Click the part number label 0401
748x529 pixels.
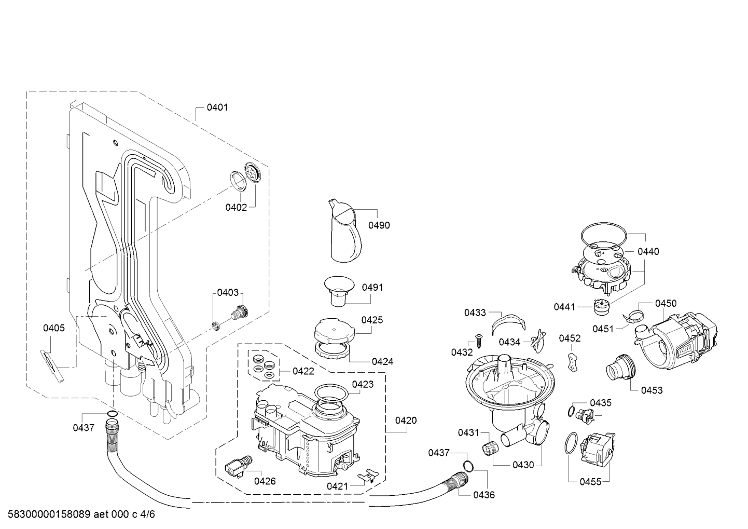coord(217,107)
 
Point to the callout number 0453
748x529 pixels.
coord(652,390)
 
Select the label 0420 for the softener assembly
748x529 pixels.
coord(406,421)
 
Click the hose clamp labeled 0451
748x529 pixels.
coord(632,316)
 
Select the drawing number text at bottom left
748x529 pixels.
coord(81,514)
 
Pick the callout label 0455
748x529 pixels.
coord(590,482)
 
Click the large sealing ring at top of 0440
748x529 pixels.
coord(604,235)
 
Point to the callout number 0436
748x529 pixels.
coord(484,495)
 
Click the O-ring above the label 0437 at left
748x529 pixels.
coord(112,414)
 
